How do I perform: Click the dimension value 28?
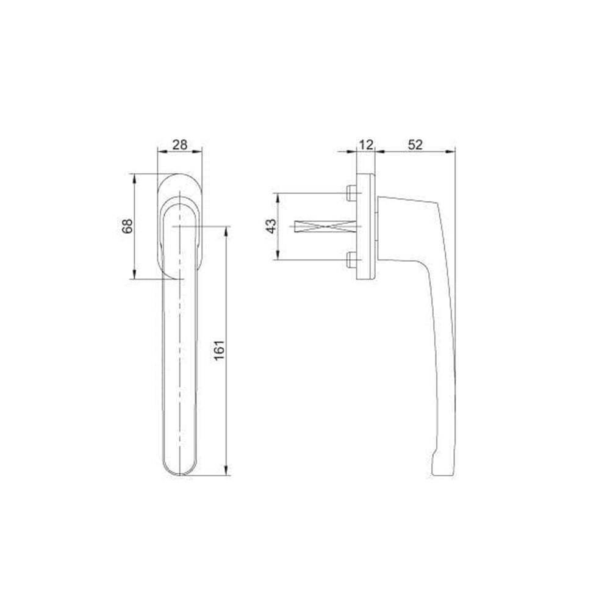[180, 145]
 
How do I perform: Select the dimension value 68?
[127, 226]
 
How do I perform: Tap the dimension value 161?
[220, 350]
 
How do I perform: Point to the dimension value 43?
[272, 226]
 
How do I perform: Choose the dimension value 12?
[365, 145]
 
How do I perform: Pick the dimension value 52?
[415, 145]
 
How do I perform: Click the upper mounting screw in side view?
[351, 193]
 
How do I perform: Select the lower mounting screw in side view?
[351, 259]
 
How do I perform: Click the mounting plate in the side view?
[366, 226]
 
